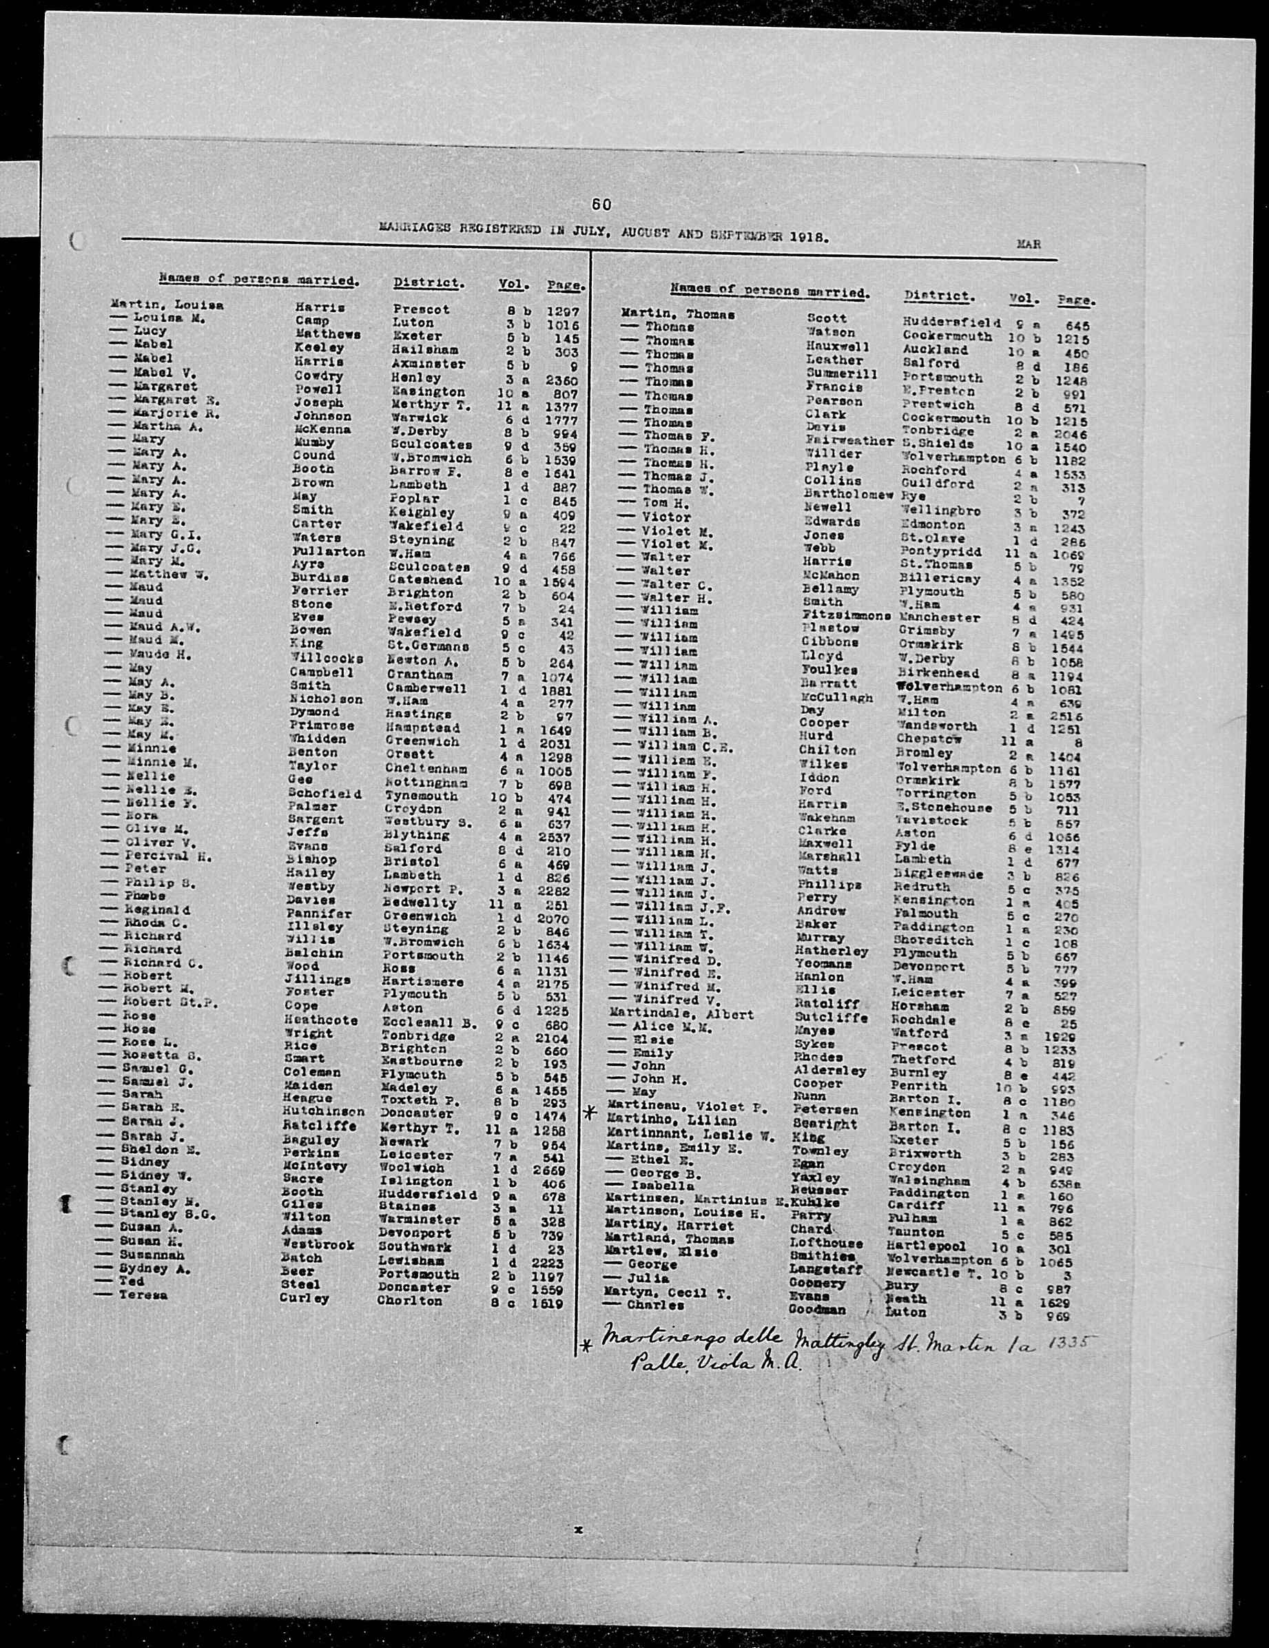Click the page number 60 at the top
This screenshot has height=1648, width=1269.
coord(601,204)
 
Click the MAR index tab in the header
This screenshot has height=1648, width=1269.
coord(1029,244)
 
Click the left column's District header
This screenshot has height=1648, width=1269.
coord(428,283)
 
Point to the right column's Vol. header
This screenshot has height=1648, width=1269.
coord(1022,298)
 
